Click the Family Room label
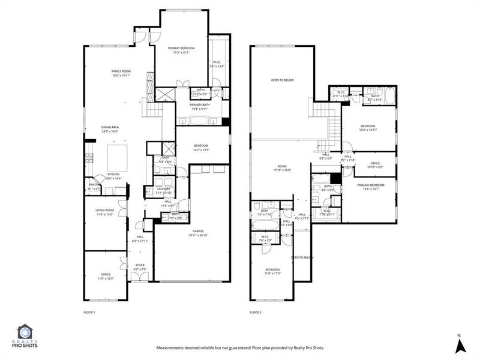[x=121, y=73]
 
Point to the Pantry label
[x=94, y=187]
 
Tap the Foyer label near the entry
[x=139, y=267]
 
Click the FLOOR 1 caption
[x=89, y=313]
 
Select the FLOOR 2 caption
[x=256, y=313]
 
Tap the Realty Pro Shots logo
[x=26, y=336]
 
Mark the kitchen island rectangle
[x=118, y=157]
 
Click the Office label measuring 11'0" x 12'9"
[x=104, y=277]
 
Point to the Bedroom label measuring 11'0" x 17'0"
[x=272, y=272]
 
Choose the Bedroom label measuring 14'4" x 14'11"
[x=368, y=128]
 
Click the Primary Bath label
[x=199, y=106]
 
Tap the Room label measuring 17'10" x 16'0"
[x=281, y=169]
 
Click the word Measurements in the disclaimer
[x=173, y=348]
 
